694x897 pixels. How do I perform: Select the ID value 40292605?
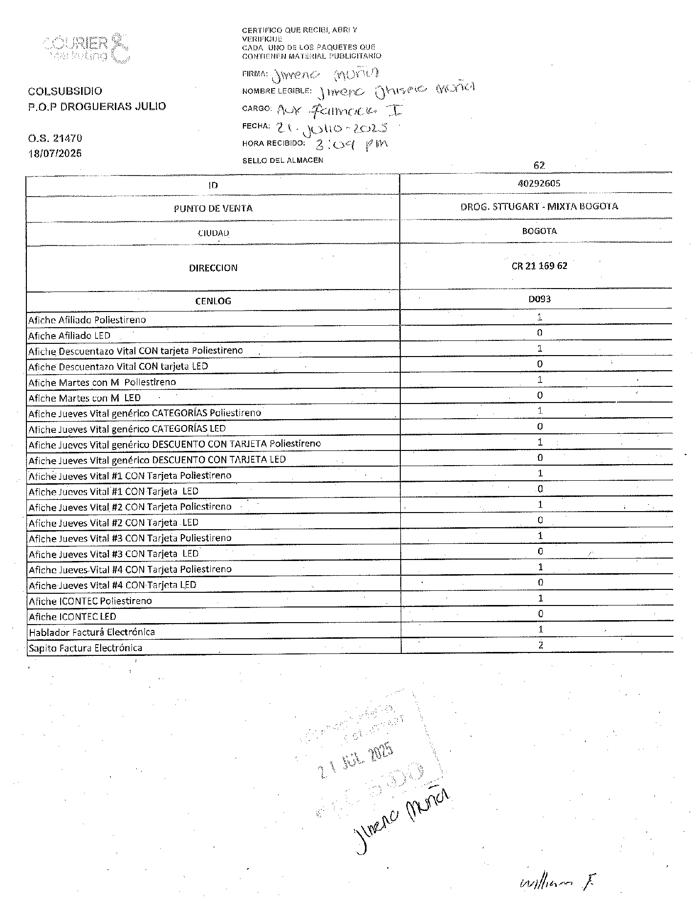(x=540, y=183)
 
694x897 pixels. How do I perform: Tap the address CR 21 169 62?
(x=539, y=266)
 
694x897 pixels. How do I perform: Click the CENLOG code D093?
(x=539, y=298)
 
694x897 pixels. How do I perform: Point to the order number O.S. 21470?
(x=55, y=139)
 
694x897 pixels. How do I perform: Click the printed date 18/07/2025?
(x=55, y=153)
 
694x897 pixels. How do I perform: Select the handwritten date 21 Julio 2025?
(x=332, y=128)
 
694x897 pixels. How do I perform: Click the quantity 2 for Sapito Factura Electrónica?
(x=541, y=645)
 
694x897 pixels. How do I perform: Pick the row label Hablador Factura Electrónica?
(x=92, y=632)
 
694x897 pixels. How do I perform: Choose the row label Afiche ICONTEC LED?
(x=72, y=616)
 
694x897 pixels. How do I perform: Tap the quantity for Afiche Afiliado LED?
(x=540, y=333)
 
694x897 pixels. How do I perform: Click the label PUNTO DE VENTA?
(x=213, y=208)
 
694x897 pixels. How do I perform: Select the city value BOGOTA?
(x=539, y=231)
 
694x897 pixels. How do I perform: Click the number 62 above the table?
(x=539, y=165)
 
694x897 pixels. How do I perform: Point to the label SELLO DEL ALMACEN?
(x=282, y=160)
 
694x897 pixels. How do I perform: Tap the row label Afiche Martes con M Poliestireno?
(x=102, y=382)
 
